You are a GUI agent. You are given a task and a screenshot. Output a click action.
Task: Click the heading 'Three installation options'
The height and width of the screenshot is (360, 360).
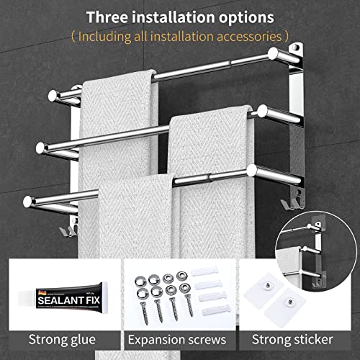coord(180,16)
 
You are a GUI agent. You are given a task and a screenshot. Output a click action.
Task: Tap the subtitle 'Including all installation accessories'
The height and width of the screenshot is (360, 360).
coord(180,35)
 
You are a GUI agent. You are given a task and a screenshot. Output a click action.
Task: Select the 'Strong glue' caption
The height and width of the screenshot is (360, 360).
coord(60,338)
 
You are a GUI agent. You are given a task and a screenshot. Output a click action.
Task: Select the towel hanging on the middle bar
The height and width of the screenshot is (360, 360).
coord(209,144)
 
